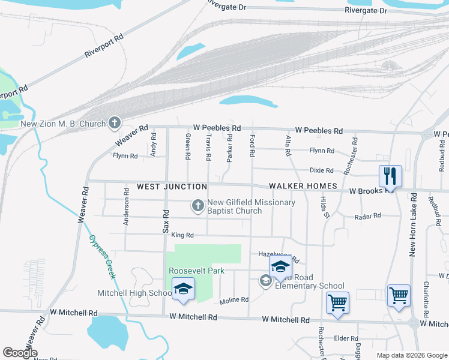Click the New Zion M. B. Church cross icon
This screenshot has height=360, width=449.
coord(115,124)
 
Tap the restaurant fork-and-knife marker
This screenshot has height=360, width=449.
coord(390,176)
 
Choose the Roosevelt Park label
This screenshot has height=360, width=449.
coord(196,271)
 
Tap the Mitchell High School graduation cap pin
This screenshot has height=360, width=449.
coord(183,290)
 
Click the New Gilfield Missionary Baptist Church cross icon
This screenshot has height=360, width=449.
coord(197,206)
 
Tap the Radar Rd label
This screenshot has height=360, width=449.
coord(367,216)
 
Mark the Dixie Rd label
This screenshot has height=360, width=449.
coord(321,170)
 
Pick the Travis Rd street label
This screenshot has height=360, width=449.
coord(208,147)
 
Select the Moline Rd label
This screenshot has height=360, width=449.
coord(234,299)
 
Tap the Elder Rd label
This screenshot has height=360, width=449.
coord(346,338)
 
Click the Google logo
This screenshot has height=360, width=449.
coord(20,353)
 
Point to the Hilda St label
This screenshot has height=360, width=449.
coord(325,206)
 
